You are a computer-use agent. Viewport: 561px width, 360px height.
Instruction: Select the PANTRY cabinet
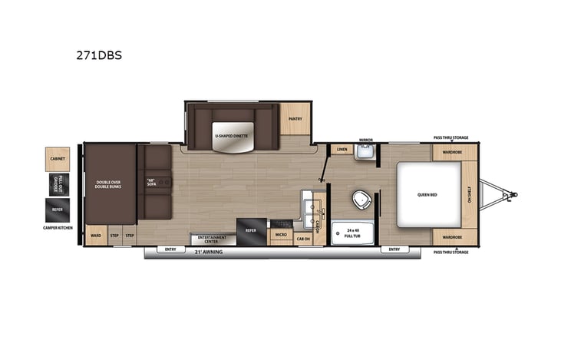click(294, 119)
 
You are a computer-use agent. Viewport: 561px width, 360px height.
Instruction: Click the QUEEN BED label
click(427, 194)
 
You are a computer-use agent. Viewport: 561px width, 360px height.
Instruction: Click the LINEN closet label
click(342, 150)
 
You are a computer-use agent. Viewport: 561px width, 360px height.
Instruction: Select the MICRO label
click(281, 234)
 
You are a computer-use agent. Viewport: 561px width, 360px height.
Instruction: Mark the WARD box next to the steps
click(96, 236)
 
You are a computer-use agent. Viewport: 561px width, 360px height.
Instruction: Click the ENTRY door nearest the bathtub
click(394, 249)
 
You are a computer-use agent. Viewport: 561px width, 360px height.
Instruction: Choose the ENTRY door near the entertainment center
click(170, 249)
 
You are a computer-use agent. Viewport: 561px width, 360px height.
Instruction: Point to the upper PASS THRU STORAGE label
click(450, 137)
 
